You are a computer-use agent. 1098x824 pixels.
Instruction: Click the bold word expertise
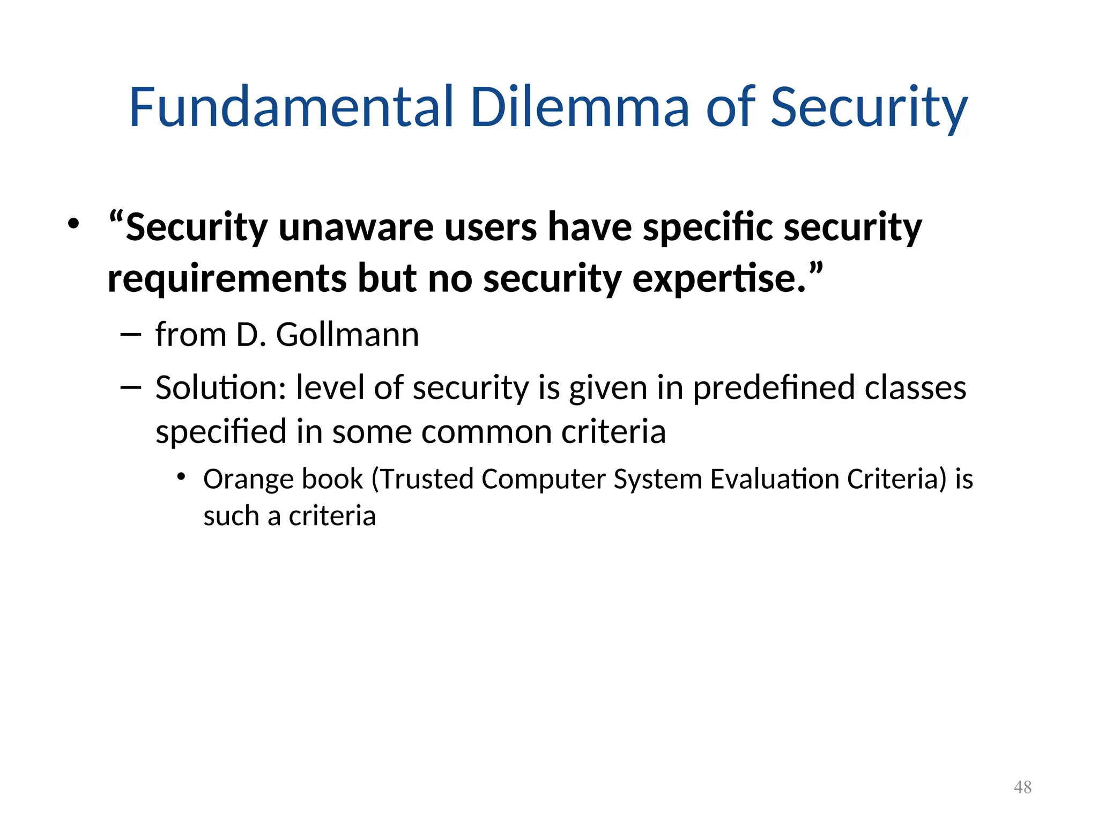pyautogui.click(x=719, y=279)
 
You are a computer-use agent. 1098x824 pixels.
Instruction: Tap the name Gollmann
pyautogui.click(x=347, y=335)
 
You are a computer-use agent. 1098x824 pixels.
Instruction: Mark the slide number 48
pyautogui.click(x=1022, y=787)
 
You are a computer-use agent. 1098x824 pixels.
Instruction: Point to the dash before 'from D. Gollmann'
pyautogui.click(x=131, y=335)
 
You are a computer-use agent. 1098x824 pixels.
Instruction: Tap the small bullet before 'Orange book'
pyautogui.click(x=181, y=476)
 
